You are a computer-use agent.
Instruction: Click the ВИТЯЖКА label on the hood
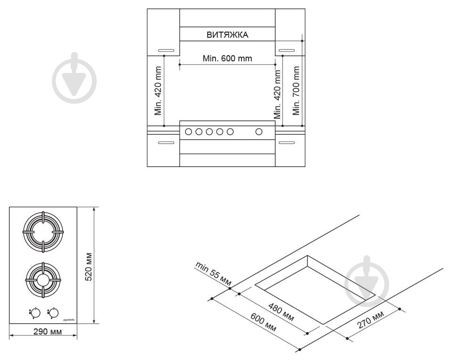click(x=227, y=34)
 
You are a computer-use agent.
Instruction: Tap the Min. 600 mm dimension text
click(x=227, y=59)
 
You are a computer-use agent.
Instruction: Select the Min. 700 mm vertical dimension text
click(x=296, y=91)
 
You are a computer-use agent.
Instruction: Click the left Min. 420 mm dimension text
click(x=158, y=91)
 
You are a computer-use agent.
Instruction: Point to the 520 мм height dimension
click(x=89, y=267)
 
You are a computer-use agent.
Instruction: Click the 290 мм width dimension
click(x=48, y=332)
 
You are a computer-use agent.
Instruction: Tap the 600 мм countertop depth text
click(x=264, y=322)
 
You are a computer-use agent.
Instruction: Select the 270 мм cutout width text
click(x=371, y=320)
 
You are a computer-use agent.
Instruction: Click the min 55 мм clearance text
click(x=213, y=274)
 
